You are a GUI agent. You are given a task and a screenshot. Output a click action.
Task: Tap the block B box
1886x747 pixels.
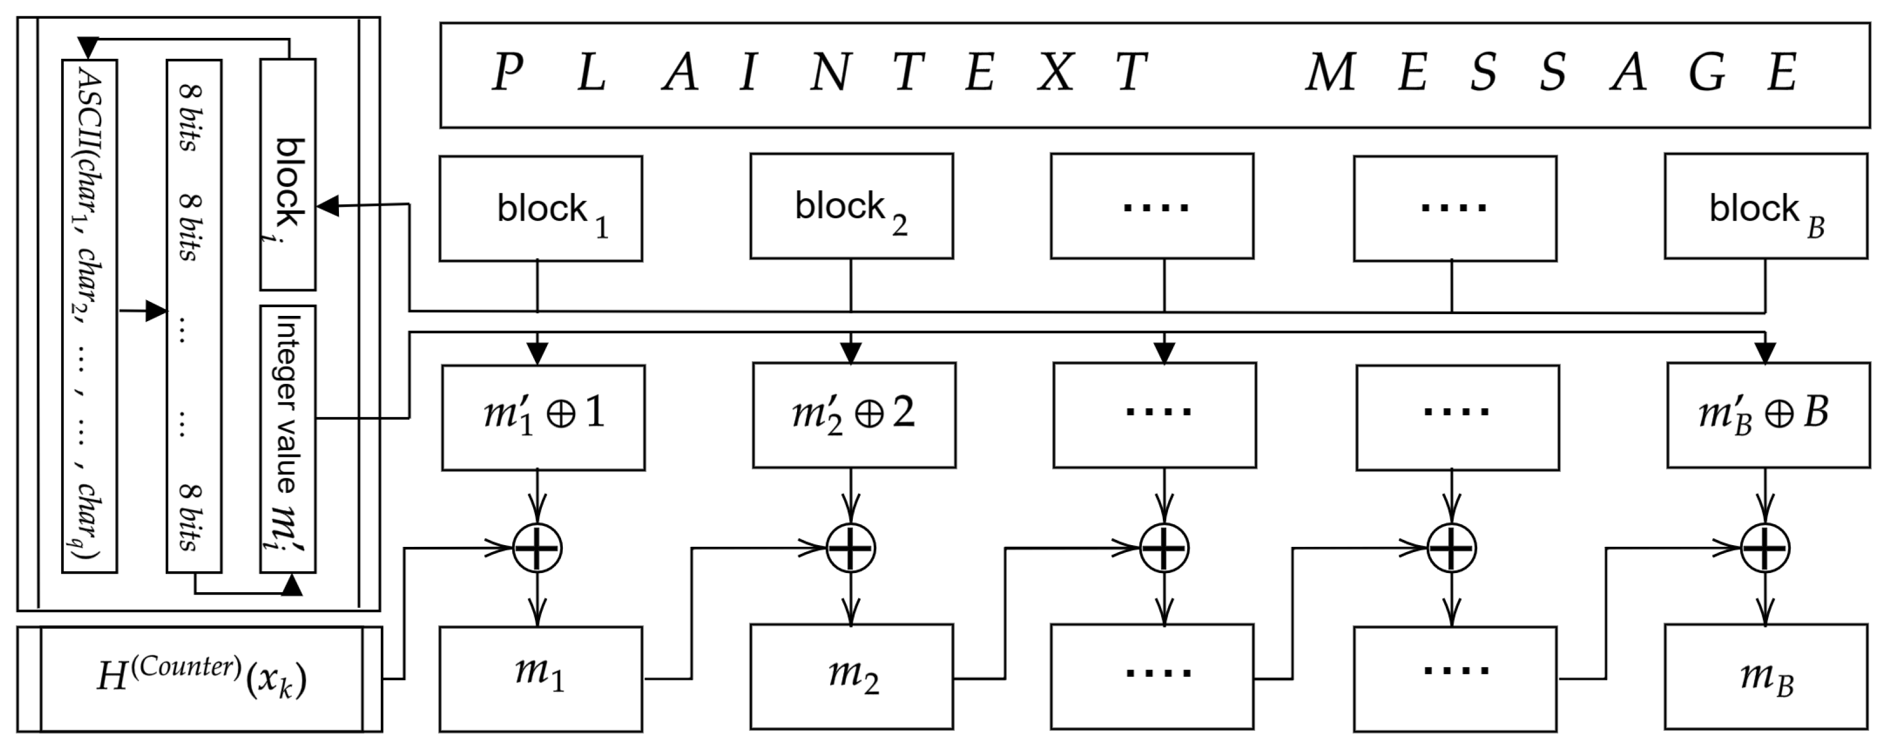click(1765, 206)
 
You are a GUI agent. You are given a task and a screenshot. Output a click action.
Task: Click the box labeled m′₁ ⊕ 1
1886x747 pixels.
click(542, 417)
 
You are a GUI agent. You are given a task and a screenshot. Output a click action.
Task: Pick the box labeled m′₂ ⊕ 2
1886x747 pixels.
click(853, 414)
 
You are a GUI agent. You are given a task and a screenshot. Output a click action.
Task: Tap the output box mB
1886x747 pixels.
click(1765, 676)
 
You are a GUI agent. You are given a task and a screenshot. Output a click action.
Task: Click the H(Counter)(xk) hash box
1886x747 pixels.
click(200, 679)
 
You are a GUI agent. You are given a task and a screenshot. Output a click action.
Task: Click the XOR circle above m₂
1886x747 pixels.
click(851, 548)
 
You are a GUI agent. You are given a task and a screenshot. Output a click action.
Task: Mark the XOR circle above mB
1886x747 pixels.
click(1765, 548)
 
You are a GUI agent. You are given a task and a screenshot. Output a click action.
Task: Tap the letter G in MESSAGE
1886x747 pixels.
click(1706, 73)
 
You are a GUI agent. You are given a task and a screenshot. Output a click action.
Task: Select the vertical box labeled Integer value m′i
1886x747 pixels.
click(288, 438)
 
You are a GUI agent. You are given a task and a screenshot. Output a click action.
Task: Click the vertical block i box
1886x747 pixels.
click(288, 175)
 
